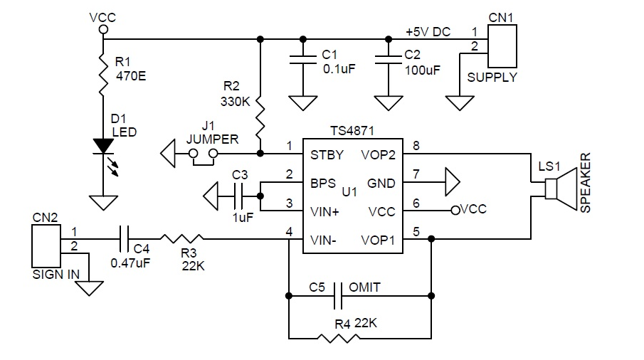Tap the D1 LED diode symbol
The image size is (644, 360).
[103, 145]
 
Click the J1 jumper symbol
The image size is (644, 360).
[202, 154]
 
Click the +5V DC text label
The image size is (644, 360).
[428, 33]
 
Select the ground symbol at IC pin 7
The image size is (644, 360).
[451, 182]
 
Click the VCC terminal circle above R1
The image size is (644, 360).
[103, 30]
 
